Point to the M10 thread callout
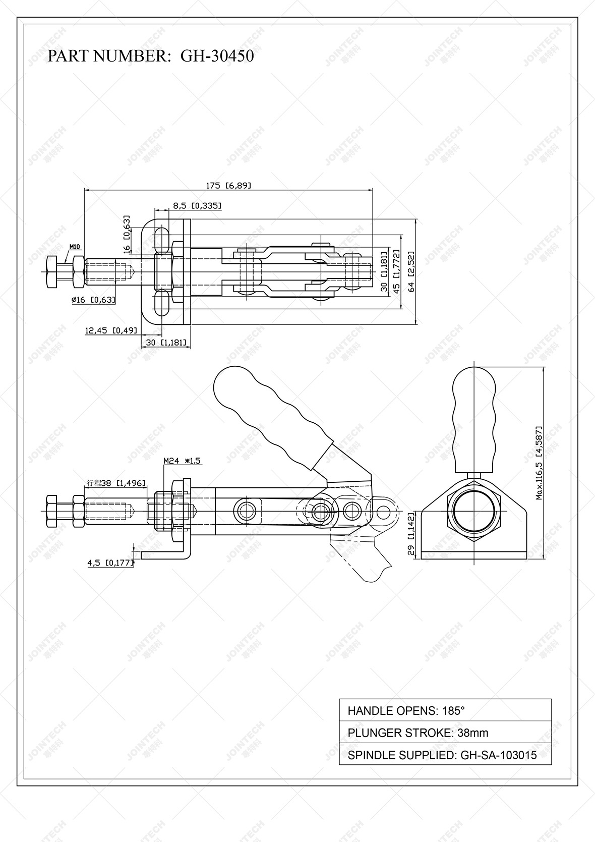(75, 247)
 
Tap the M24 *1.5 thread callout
(182, 461)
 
